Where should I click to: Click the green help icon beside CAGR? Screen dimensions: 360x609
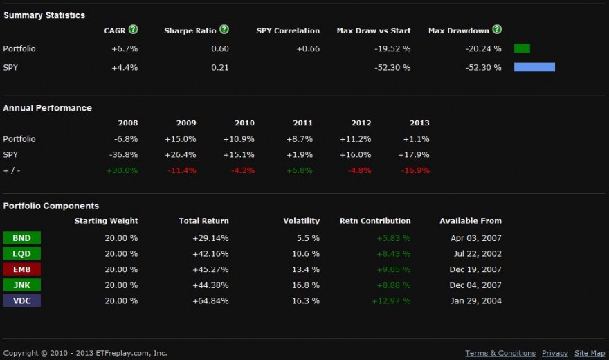click(133, 30)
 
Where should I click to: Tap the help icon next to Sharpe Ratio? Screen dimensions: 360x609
click(224, 30)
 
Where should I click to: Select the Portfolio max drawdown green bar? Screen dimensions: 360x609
click(522, 48)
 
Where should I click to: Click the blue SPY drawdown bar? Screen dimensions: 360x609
click(534, 67)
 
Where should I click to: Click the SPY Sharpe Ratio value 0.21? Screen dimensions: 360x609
click(220, 68)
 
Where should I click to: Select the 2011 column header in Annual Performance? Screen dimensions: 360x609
click(302, 123)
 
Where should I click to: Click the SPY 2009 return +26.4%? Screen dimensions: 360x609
click(181, 155)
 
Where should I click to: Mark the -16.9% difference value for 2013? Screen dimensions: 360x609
click(415, 170)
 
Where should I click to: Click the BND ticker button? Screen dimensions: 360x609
click(21, 238)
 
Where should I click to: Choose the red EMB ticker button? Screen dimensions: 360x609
click(21, 269)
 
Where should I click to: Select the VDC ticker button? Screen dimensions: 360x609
click(21, 300)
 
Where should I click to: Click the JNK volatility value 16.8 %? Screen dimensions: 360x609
click(305, 285)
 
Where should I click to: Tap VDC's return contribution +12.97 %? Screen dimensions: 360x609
click(391, 301)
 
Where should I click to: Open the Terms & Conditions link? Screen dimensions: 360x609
click(500, 353)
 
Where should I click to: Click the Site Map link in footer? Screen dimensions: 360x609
click(590, 353)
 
